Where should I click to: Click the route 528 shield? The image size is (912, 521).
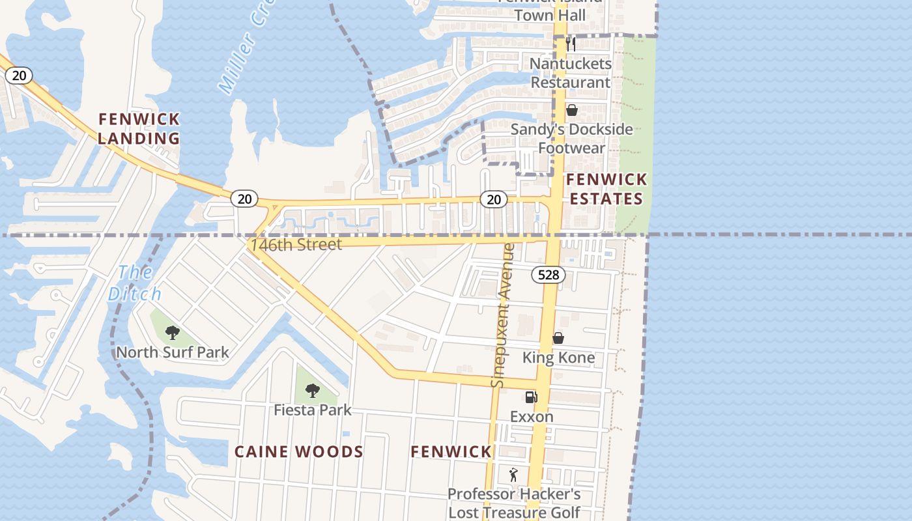tap(549, 275)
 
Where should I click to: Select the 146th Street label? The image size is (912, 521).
tap(296, 245)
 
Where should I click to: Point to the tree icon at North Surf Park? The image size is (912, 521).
tap(173, 333)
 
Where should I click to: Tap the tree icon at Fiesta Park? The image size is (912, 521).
tap(313, 391)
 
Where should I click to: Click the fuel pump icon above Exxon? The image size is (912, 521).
tap(532, 397)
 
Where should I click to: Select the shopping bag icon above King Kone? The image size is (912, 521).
tap(558, 338)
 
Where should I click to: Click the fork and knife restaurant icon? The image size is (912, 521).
tap(571, 44)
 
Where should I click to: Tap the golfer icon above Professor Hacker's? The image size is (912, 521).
tap(513, 475)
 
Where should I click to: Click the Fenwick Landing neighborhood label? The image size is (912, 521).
tap(139, 128)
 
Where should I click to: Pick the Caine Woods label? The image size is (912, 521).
tap(299, 452)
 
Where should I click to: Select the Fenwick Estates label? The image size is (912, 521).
tap(606, 189)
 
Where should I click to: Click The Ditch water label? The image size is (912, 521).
tap(135, 283)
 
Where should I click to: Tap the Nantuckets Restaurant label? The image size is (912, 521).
tap(571, 73)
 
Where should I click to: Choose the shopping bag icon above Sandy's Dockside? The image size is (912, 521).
tap(572, 110)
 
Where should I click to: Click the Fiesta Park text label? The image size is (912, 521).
tap(313, 410)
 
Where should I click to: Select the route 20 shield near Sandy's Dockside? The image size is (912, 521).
tap(494, 199)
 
